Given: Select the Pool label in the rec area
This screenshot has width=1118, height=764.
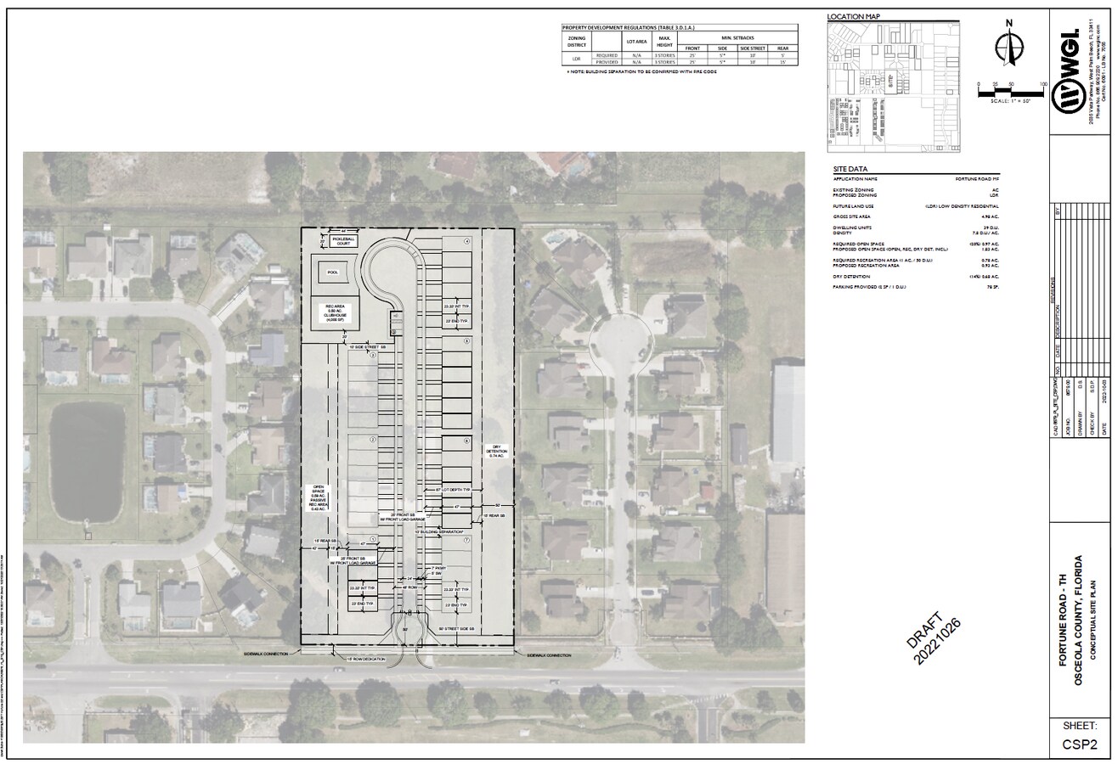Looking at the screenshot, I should pos(332,273).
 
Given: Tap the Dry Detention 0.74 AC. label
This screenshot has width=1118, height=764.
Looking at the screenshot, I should pos(496,452).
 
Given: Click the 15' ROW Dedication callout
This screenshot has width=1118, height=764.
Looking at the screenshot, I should pos(365,659).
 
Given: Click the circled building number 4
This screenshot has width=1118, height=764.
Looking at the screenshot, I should pos(466,242).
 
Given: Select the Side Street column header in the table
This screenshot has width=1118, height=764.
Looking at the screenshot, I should pos(753,48).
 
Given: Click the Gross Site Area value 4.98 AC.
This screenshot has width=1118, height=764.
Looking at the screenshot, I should pos(990,216).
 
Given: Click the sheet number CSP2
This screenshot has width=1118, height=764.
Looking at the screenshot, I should pos(1080,744).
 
